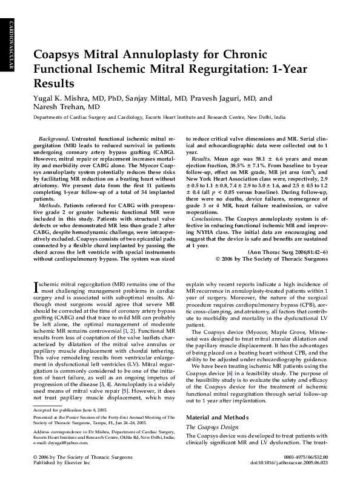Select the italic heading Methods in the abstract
49,206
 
